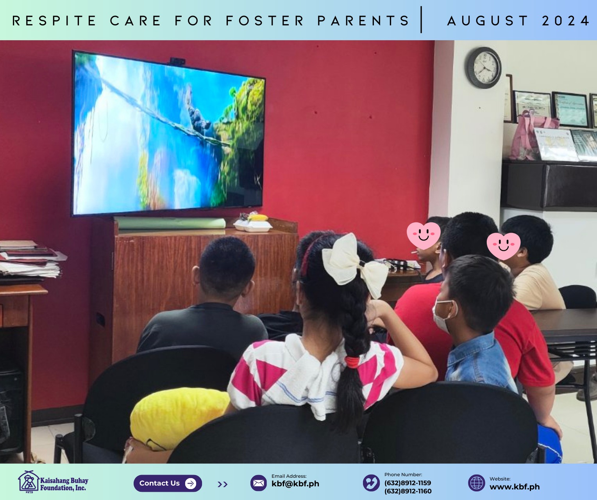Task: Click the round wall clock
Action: [484, 68]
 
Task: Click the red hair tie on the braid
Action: [352, 362]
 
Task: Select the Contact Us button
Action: [168, 483]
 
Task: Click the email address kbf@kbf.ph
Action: [295, 484]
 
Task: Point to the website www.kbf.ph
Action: [515, 487]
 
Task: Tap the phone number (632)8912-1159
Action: [408, 483]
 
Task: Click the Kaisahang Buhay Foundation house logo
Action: [28, 482]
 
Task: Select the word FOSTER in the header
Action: [265, 21]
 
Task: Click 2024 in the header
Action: [566, 21]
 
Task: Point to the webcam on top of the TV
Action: [177, 61]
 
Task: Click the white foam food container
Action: [253, 226]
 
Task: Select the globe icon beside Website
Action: [476, 483]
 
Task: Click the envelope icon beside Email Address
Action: [259, 483]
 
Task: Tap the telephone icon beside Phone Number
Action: [371, 483]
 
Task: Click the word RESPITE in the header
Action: [54, 21]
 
